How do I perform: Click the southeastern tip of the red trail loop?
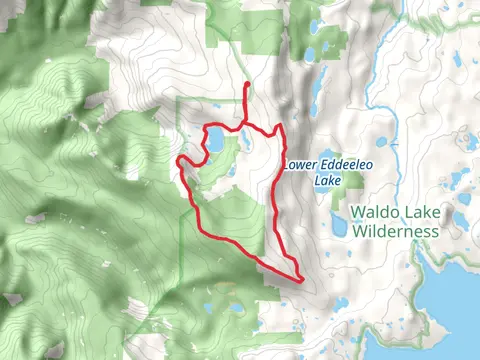pyautogui.click(x=300, y=278)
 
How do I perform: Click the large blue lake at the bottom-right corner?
pyautogui.click(x=460, y=310)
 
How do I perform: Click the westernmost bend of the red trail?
pyautogui.click(x=179, y=161)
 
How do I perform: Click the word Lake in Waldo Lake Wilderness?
pyautogui.click(x=419, y=212)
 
